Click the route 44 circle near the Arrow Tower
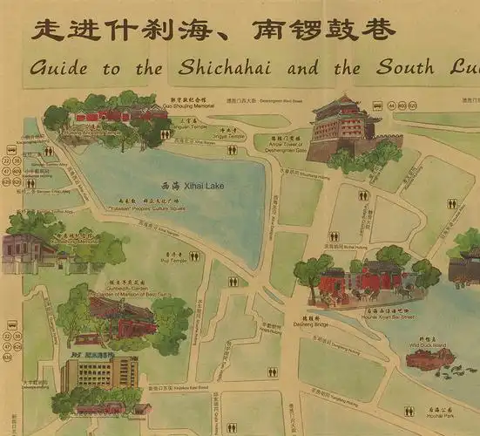(391, 106)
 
